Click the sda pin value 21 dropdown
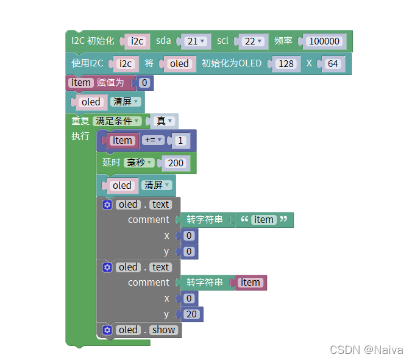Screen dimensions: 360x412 coord(196,41)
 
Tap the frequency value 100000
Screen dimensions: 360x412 coord(324,41)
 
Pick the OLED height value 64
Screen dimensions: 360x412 coord(333,64)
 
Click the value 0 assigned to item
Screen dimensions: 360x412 coord(144,83)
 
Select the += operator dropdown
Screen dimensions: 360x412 coord(154,141)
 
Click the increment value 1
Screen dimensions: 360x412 coord(180,141)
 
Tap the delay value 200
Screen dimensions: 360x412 coord(176,163)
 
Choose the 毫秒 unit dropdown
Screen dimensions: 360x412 coord(139,163)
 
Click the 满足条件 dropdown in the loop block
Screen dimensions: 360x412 coord(118,121)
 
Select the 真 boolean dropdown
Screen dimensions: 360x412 coord(165,121)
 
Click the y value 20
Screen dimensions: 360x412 coord(191,314)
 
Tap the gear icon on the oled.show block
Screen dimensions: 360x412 coord(107,330)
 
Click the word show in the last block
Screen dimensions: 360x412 coord(164,330)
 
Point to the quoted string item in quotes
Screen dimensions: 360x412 coord(264,220)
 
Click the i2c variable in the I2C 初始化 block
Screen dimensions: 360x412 coord(137,41)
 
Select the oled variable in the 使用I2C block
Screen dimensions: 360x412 coord(179,64)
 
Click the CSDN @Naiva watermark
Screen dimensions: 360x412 coord(366,350)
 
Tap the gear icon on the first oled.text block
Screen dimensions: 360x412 coord(107,205)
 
